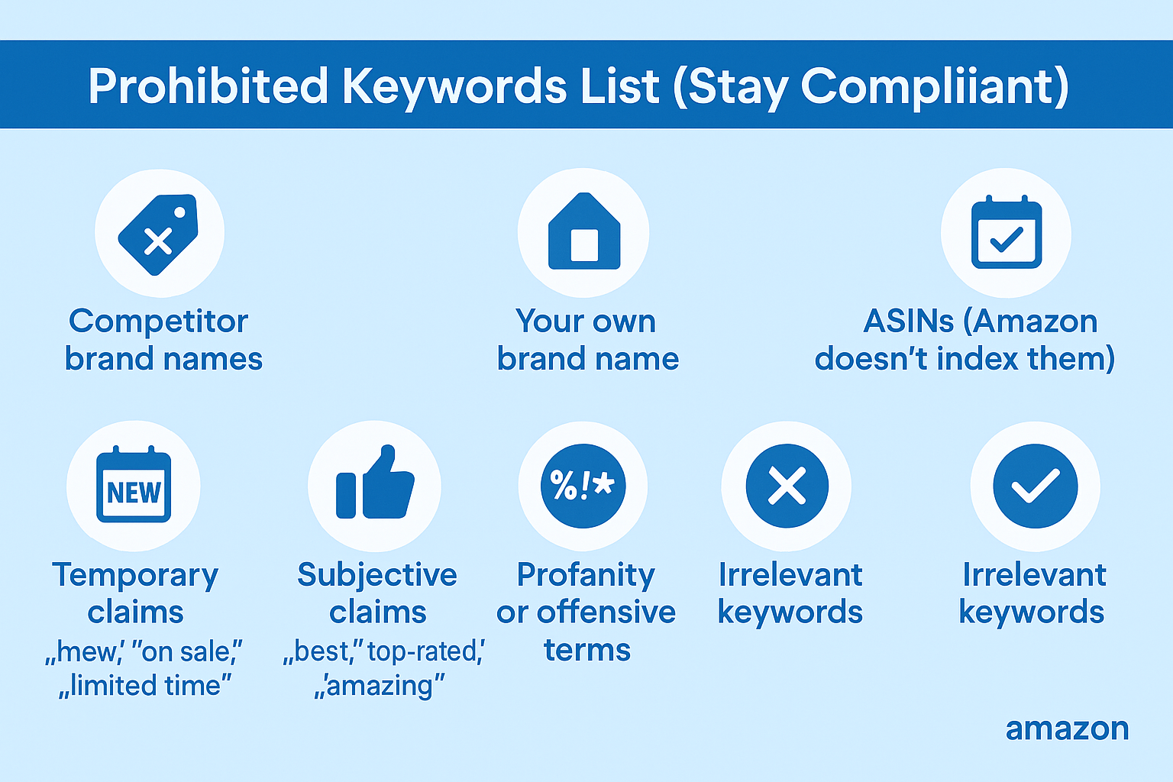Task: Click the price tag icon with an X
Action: [159, 234]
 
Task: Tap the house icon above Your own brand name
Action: [584, 232]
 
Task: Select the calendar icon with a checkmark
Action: [1006, 232]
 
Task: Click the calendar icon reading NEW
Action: [134, 486]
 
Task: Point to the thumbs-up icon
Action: [375, 484]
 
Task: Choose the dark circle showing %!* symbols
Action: [583, 486]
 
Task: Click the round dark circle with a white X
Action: [787, 486]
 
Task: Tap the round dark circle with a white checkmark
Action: [1035, 486]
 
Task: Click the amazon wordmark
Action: [1067, 729]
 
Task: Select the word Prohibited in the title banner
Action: [208, 86]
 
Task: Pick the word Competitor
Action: [158, 322]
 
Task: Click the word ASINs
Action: [908, 322]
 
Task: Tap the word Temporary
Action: [135, 575]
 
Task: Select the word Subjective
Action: [377, 575]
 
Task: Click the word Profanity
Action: [586, 575]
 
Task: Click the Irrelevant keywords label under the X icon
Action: [790, 593]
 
